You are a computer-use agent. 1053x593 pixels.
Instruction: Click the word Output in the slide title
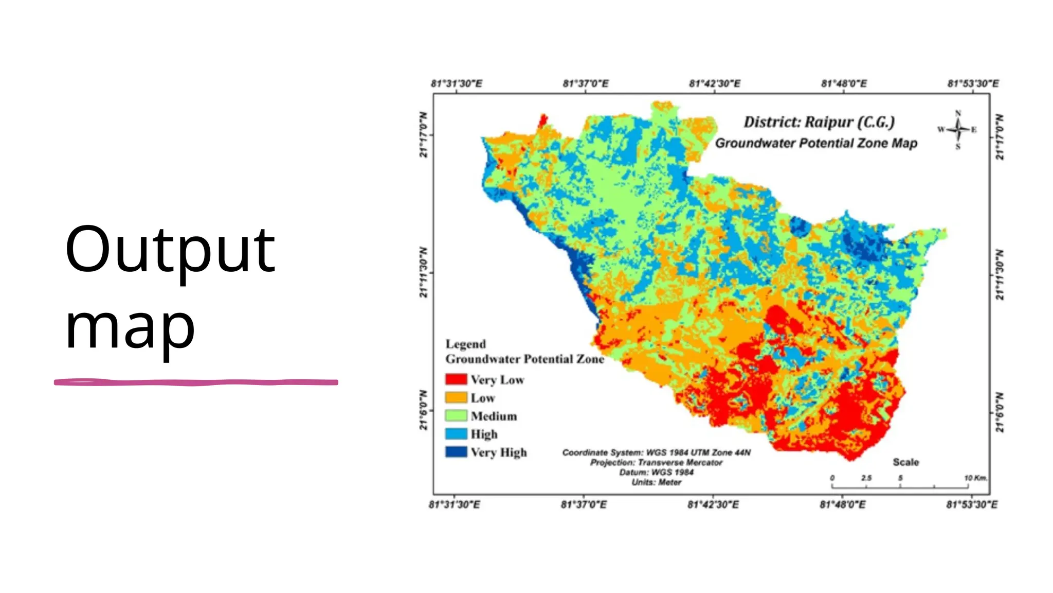170,251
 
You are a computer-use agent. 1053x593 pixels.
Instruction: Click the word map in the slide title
130,327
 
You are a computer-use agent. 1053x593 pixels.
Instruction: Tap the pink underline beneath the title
195,382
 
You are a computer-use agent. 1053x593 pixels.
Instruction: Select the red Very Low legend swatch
456,379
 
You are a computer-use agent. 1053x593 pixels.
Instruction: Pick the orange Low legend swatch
456,397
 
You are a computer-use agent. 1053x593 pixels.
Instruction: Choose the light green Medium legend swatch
456,415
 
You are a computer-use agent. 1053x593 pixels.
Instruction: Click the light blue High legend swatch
456,433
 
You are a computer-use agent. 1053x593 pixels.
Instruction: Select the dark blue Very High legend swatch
456,452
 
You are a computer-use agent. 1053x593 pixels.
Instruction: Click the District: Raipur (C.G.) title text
819,122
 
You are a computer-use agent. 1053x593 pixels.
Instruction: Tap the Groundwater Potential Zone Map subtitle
816,143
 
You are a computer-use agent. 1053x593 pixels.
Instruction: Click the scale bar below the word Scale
900,486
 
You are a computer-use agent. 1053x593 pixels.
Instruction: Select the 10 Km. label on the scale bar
975,478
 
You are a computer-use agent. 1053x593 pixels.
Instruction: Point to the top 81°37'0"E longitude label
585,83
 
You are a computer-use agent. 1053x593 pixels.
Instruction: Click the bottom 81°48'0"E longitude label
842,504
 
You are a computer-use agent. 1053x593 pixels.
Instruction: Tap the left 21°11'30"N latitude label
423,272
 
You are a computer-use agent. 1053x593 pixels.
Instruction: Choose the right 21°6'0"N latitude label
1000,412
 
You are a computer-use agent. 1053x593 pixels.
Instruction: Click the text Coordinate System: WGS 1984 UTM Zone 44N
656,452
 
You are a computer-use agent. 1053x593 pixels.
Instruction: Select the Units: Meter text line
656,482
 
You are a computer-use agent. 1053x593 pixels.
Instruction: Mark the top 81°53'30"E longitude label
973,83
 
